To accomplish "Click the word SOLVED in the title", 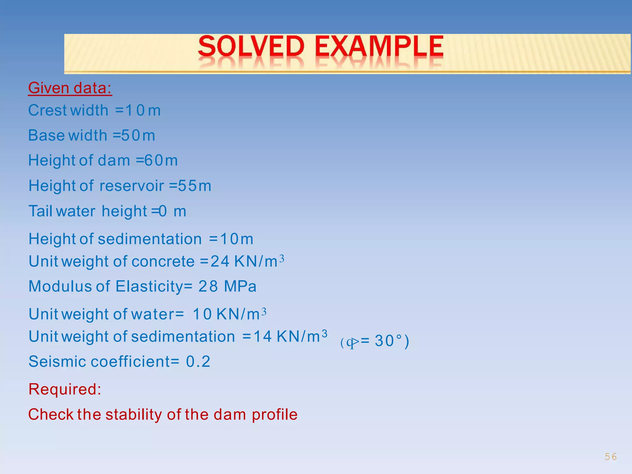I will (x=251, y=47).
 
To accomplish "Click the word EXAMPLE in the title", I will (x=379, y=47).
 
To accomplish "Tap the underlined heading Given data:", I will (x=70, y=88).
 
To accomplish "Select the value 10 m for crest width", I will (x=143, y=110).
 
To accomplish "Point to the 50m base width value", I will (x=138, y=136).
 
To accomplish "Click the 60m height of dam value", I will (x=161, y=161).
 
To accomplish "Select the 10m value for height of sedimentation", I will (x=236, y=239).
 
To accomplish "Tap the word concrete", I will (x=163, y=262).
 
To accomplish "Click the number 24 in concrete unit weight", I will (x=220, y=262).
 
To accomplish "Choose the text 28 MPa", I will (x=227, y=286).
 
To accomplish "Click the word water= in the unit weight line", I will (x=157, y=314).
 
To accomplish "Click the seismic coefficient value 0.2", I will (x=198, y=362).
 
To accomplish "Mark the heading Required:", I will (x=65, y=389).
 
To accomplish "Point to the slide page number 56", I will (x=610, y=457).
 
